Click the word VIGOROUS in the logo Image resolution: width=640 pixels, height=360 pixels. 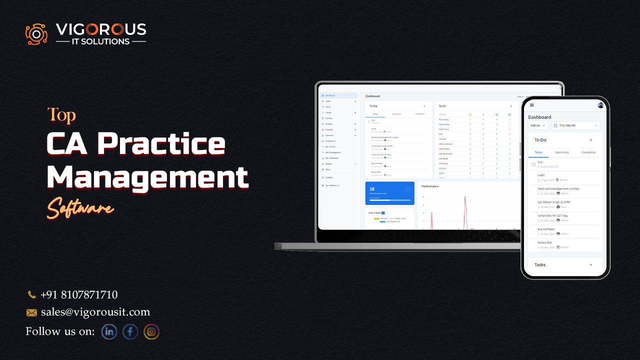coord(101,29)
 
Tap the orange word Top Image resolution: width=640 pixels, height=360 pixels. coord(61,115)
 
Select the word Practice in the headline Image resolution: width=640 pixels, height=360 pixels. coord(161,144)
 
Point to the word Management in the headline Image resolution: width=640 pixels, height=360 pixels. coord(147,176)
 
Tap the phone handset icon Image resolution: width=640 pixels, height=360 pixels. coord(31,295)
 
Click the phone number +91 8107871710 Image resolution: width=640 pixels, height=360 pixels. coord(79,295)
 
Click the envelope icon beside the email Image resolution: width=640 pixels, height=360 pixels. coord(31,312)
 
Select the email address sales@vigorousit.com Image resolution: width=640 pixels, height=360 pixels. coord(95,312)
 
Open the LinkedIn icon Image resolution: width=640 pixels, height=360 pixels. coord(109,331)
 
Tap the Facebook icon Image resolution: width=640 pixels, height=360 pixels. coord(130,331)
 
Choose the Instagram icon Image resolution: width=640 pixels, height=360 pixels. coord(151,331)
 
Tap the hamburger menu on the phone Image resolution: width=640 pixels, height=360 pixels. coord(532,105)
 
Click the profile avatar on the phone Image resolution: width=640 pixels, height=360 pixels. coord(600,105)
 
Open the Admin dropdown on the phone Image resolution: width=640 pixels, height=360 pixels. coord(538,125)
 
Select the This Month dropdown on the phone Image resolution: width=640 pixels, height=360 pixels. coord(575,125)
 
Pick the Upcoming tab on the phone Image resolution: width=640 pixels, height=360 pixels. coord(562,152)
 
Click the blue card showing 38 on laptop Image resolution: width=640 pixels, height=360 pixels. coord(389,193)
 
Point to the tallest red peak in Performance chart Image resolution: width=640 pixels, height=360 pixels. coord(465,197)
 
